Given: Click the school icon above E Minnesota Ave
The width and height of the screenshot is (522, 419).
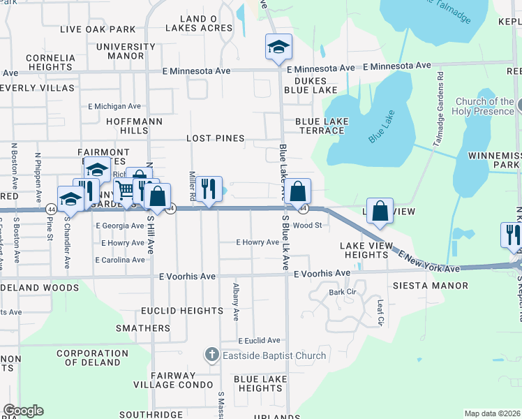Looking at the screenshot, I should tap(278, 47).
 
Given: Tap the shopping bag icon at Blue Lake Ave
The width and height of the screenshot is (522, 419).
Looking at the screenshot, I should tap(297, 191).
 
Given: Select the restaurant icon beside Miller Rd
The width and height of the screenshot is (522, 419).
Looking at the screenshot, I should tap(209, 189).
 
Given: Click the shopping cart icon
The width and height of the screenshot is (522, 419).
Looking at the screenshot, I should tap(125, 190).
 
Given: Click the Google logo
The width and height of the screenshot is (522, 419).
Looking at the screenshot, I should tap(23, 411).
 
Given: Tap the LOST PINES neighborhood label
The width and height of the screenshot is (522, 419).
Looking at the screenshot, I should tap(216, 138).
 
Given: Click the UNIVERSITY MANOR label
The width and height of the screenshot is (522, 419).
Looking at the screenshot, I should tap(126, 51).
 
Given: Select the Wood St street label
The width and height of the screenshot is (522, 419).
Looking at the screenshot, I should tap(307, 225).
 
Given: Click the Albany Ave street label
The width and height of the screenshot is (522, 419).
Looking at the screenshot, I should tap(237, 302).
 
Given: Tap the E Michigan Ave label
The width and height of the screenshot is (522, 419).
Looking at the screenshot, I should tap(114, 106).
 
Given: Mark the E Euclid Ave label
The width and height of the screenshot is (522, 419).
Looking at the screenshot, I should tap(258, 340).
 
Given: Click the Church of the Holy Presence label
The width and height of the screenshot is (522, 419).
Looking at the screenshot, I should tap(485, 106).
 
